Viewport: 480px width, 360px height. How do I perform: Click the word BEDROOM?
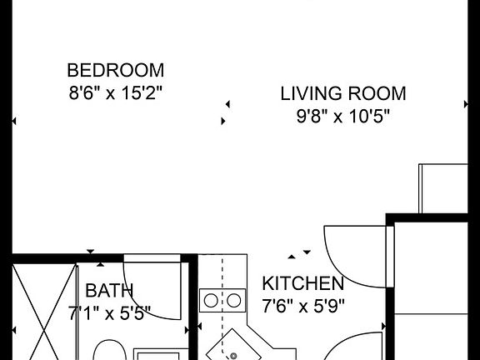tap(115, 70)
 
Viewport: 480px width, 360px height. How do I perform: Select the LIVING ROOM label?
tap(342, 93)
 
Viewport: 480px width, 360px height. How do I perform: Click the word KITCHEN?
tap(302, 283)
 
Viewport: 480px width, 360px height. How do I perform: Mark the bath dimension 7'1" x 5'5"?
tap(109, 312)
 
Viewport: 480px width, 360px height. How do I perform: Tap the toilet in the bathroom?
tap(107, 350)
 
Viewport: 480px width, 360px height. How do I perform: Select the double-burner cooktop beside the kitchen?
tap(222, 300)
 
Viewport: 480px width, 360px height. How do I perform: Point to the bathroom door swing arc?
tap(150, 287)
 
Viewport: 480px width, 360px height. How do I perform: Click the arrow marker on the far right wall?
tap(467, 104)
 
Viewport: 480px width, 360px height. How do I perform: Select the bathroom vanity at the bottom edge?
tap(160, 353)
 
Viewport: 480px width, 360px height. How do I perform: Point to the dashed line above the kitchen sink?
tap(222, 272)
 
